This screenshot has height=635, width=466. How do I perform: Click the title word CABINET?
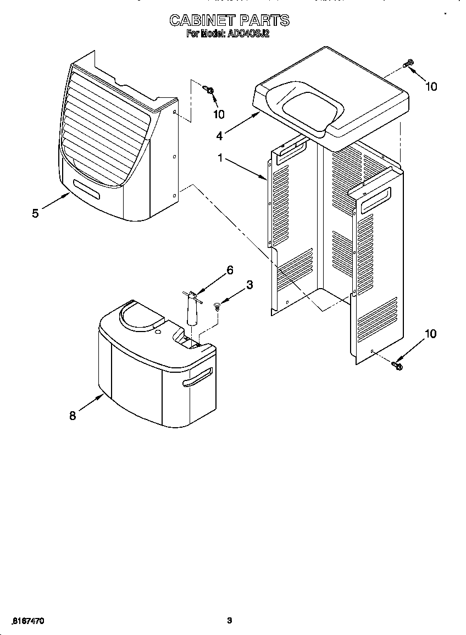(201, 21)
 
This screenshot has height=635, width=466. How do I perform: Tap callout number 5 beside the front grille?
(35, 213)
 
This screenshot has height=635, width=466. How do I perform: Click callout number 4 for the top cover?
(219, 135)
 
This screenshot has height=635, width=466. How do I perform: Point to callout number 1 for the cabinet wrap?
(220, 158)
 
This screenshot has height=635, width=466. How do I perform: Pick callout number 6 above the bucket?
(230, 270)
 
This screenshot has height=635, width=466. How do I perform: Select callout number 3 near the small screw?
(249, 285)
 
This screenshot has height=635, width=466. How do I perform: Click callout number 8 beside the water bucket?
(73, 416)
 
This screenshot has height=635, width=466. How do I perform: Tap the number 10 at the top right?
(431, 86)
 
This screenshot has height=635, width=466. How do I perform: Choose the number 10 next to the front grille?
(219, 114)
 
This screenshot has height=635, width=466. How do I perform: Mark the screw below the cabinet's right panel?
(396, 365)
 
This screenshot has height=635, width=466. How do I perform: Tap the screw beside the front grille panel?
(209, 89)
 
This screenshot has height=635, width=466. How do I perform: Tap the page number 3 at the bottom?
(230, 621)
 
